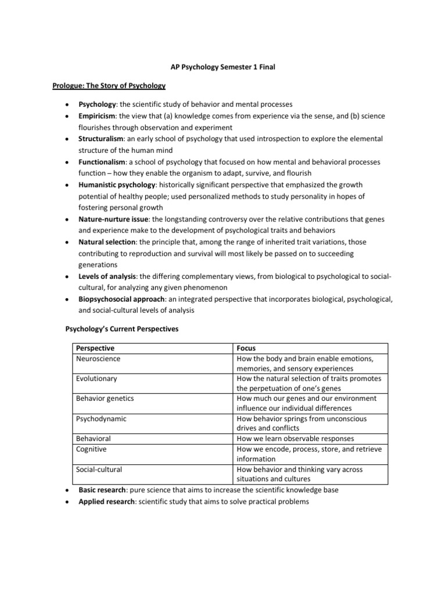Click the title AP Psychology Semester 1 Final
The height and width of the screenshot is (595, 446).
coord(223,67)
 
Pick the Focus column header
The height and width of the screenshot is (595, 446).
coord(247,348)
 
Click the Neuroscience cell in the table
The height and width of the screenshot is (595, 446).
coord(98,359)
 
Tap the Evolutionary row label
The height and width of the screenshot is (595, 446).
coord(96,378)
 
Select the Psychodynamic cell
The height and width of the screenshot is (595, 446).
coord(101,418)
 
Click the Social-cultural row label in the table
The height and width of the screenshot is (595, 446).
coord(99,469)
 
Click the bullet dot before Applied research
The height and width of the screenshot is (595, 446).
coord(67,501)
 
